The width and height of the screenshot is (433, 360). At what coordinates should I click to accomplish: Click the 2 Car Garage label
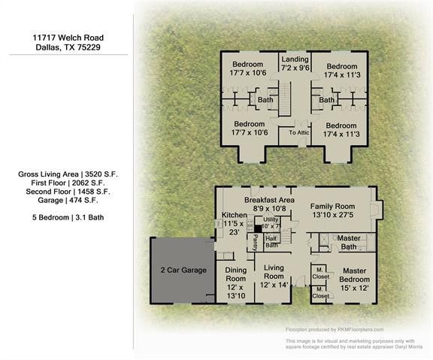pyautogui.click(x=182, y=269)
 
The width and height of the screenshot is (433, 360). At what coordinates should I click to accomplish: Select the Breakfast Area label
pyautogui.click(x=268, y=201)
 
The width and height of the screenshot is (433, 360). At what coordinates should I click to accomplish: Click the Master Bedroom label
pyautogui.click(x=353, y=275)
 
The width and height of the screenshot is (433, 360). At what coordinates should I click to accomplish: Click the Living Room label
pyautogui.click(x=272, y=272)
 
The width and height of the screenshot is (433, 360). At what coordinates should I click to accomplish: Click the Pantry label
pyautogui.click(x=255, y=241)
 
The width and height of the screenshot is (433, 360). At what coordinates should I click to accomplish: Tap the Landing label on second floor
pyautogui.click(x=295, y=59)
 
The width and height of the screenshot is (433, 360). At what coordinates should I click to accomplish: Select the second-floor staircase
pyautogui.click(x=285, y=98)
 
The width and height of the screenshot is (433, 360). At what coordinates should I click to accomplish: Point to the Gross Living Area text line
pyautogui.click(x=68, y=174)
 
